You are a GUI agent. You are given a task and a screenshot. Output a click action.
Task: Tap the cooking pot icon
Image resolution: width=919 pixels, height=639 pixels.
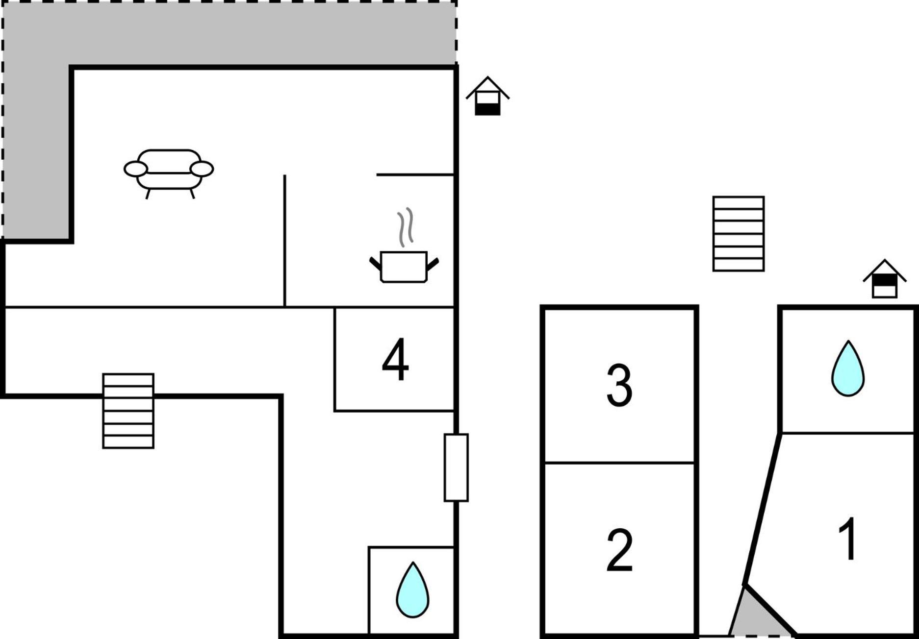[x=404, y=267]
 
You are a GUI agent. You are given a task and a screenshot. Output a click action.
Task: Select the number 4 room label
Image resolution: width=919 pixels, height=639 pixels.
[x=395, y=359]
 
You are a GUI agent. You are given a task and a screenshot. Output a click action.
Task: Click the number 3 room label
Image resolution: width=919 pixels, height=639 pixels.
[x=619, y=385]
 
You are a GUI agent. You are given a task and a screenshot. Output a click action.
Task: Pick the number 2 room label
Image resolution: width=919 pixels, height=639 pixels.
[x=619, y=550]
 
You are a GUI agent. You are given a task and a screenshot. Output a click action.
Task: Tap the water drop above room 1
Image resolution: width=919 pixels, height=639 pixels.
[x=848, y=368]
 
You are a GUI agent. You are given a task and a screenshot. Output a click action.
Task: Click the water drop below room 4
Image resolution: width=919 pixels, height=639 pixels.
[x=412, y=590]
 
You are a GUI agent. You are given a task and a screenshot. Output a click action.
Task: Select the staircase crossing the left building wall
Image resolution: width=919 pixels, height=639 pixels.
[x=128, y=411]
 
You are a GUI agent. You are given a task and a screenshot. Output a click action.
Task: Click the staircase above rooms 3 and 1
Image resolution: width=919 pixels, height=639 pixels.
[x=739, y=234]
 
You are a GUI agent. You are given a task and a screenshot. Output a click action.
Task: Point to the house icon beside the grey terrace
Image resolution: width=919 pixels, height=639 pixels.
[x=487, y=96]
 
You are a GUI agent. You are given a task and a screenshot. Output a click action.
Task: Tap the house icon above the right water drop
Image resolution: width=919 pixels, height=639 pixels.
[x=885, y=279]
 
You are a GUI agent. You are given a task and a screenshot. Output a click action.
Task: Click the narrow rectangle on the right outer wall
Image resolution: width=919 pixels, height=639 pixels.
[x=456, y=467]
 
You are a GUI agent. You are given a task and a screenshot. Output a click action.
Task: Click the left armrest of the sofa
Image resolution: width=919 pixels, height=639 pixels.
[x=135, y=169]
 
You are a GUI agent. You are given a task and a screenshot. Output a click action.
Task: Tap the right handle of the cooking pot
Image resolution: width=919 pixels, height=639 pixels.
[x=433, y=265]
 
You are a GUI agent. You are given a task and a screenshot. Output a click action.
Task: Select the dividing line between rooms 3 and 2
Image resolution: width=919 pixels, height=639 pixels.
[x=619, y=463]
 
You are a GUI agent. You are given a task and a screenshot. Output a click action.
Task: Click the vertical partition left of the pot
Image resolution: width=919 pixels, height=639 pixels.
[x=284, y=241]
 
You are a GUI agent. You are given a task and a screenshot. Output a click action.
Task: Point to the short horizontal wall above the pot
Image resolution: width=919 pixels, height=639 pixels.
[x=415, y=174]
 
